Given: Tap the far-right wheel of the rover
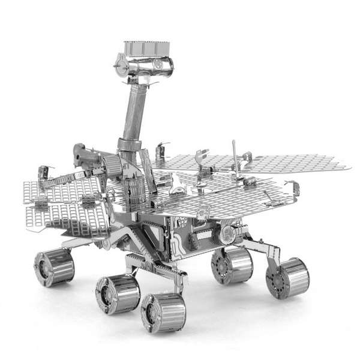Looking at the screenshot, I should [287, 278].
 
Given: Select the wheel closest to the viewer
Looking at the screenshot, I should [163, 311].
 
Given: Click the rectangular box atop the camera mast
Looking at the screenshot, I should [146, 48].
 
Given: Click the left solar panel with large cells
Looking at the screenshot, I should [63, 204].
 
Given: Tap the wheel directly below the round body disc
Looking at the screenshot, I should [232, 266].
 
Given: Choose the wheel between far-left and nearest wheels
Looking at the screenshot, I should [118, 293].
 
